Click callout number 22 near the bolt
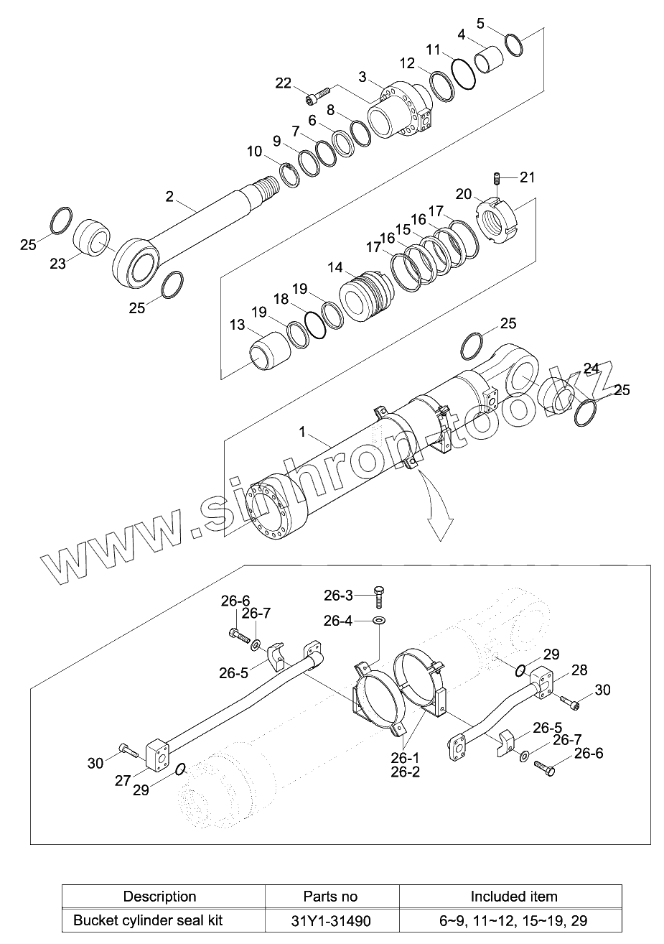(284, 83)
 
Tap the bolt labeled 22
(317, 94)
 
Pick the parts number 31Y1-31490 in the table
(330, 920)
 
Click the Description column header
(159, 896)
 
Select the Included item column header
(513, 896)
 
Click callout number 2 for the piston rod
(169, 195)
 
